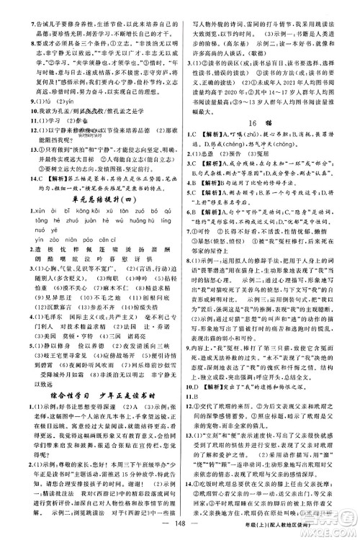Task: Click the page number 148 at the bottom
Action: tap(180, 531)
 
